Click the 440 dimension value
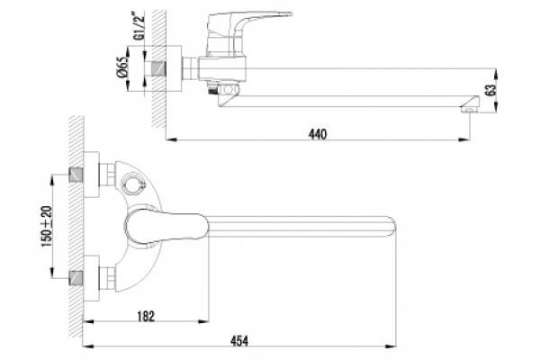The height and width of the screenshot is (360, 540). [317, 134]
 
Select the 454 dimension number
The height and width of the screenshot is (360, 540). [239, 341]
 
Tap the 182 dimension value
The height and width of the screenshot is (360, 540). [146, 316]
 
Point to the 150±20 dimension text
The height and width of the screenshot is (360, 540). [47, 226]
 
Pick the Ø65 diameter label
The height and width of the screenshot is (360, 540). [122, 67]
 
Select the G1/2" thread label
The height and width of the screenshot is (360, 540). [138, 25]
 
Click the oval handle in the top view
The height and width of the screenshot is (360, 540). [166, 227]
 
